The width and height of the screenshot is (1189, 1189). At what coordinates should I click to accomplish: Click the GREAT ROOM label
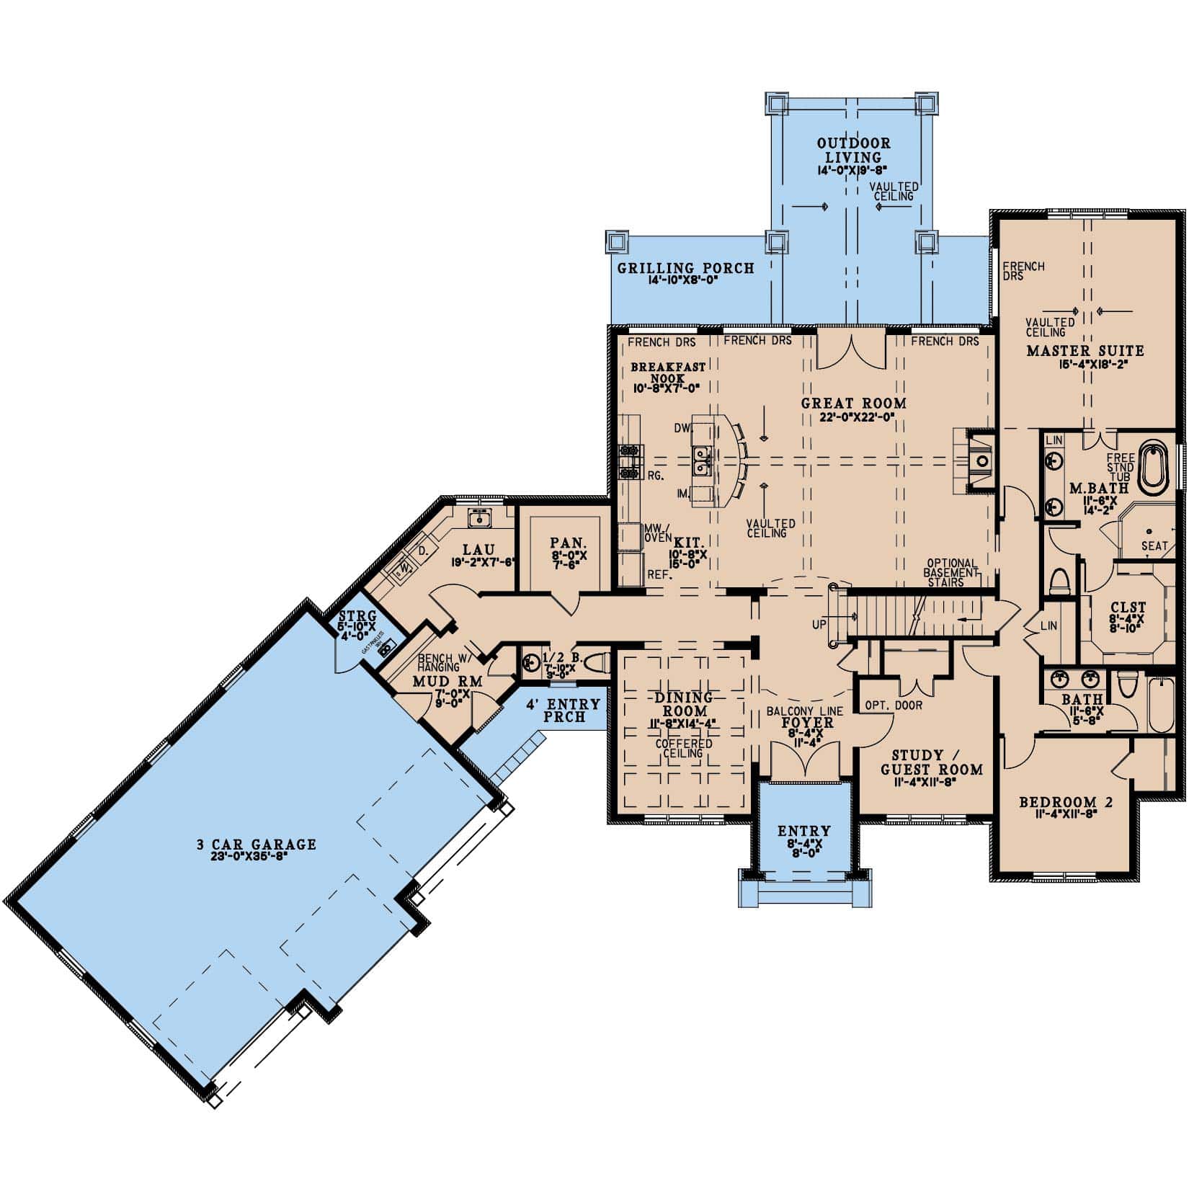click(x=853, y=404)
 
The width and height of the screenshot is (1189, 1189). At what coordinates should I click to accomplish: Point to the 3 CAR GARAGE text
click(x=257, y=845)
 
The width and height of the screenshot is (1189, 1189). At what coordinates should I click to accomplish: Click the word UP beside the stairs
click(x=819, y=624)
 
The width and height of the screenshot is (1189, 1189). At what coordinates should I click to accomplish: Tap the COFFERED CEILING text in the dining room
click(x=683, y=748)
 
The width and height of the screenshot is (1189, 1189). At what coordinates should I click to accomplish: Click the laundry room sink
click(x=478, y=517)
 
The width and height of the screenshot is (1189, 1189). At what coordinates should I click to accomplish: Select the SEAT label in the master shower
click(x=1154, y=546)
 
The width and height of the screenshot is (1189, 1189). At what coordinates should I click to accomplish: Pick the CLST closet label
click(x=1128, y=607)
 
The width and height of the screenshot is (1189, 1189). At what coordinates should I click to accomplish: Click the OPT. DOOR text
click(x=894, y=705)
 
